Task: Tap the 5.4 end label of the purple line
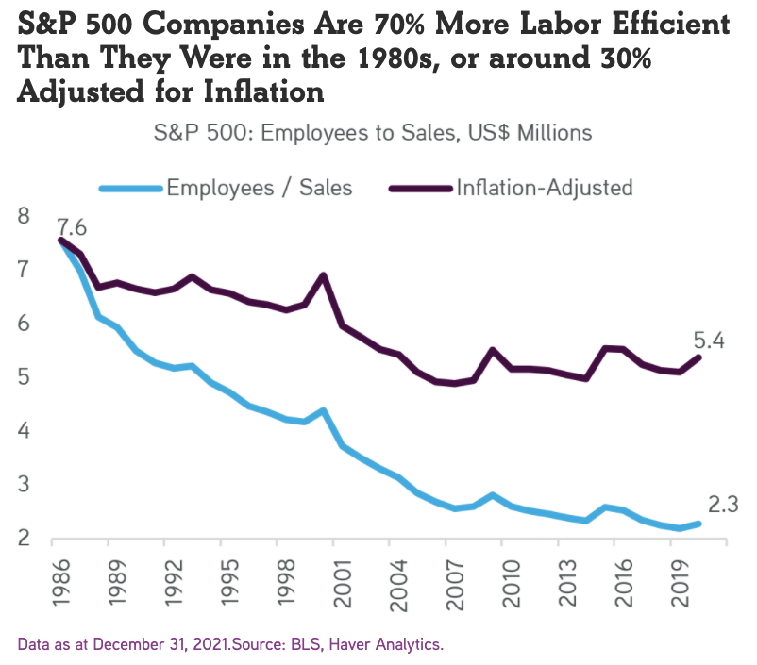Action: point(710,341)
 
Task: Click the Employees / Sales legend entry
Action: point(259,187)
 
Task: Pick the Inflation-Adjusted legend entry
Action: point(544,187)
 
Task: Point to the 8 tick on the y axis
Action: point(24,216)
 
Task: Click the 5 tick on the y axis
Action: point(24,377)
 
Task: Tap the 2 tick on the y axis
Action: point(24,539)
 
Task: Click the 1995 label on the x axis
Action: point(227,584)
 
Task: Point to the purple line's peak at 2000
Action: point(324,275)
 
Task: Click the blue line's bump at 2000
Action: point(324,410)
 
